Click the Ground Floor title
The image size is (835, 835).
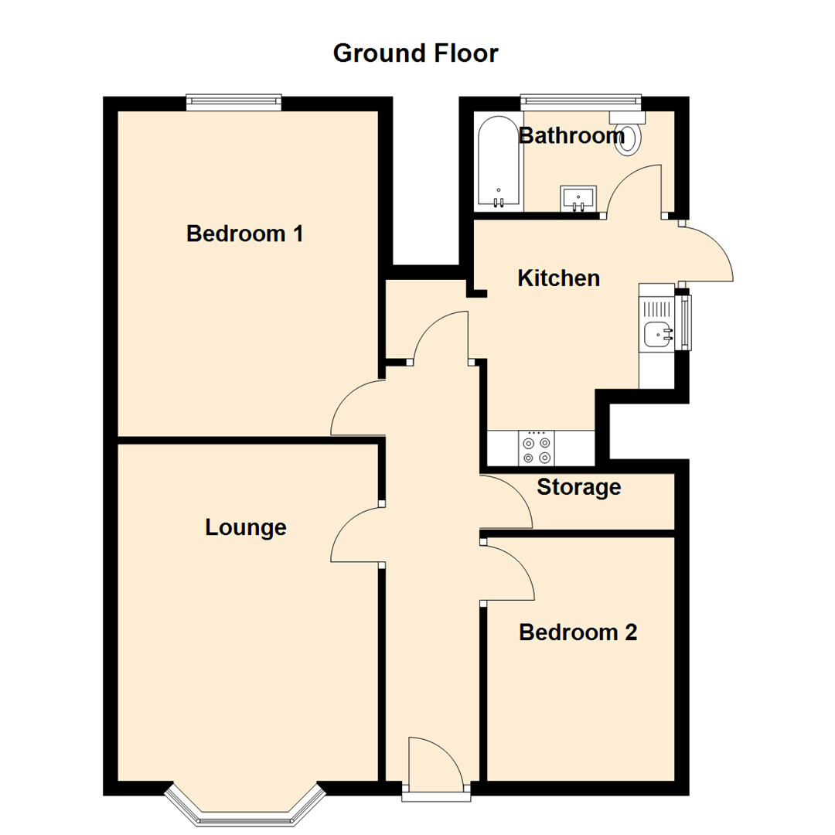tap(416, 53)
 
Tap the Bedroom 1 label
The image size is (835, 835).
tap(244, 233)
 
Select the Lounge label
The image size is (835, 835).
tap(246, 527)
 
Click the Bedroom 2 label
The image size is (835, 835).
tap(578, 632)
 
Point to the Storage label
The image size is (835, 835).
tap(579, 487)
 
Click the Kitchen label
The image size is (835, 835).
tap(558, 278)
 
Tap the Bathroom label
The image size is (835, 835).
tap(571, 136)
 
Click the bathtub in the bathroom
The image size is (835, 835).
tap(499, 163)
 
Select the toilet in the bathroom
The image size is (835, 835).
tap(628, 134)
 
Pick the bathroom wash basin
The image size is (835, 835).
tap(578, 199)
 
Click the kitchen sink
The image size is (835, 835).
tap(658, 335)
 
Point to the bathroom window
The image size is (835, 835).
tap(581, 100)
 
